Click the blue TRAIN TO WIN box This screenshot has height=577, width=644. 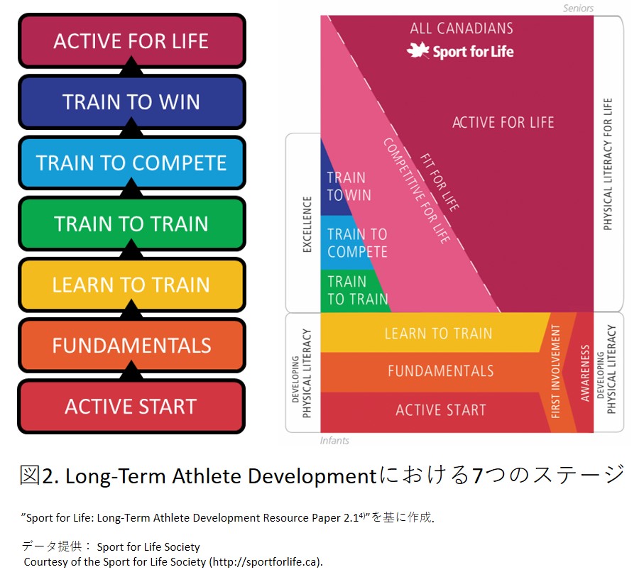coord(132,102)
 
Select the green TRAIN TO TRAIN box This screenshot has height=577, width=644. coord(132,224)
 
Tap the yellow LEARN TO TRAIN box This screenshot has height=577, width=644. coord(132,285)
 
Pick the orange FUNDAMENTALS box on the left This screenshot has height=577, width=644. coord(132,346)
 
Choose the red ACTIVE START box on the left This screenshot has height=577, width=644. coord(132,406)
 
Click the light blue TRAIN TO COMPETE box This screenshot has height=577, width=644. coord(132,163)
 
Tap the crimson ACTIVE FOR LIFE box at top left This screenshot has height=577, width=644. coord(132,41)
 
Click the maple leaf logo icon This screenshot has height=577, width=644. coord(418,50)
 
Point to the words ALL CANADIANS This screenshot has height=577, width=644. coord(462,28)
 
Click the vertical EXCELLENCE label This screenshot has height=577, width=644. coord(307,224)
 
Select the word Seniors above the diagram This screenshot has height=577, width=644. coord(578,9)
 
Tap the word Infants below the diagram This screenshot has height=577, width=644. coord(334,441)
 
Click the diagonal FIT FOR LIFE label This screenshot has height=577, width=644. coord(440,182)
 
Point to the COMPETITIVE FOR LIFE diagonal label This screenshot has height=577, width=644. coord(417,190)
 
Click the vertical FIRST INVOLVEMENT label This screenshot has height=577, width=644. coord(555,371)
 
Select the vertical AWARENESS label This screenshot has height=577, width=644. coord(585,373)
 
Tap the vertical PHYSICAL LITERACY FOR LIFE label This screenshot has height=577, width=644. coord(608,164)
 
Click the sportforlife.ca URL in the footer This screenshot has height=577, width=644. coord(266,562)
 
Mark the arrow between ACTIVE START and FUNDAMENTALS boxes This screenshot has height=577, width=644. coord(131,370)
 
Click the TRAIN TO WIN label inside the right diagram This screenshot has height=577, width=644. coord(349,186)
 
